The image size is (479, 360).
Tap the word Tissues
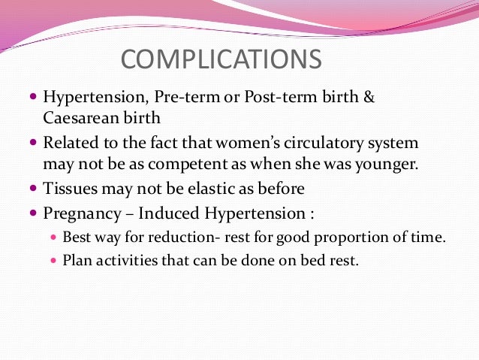tap(70, 187)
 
